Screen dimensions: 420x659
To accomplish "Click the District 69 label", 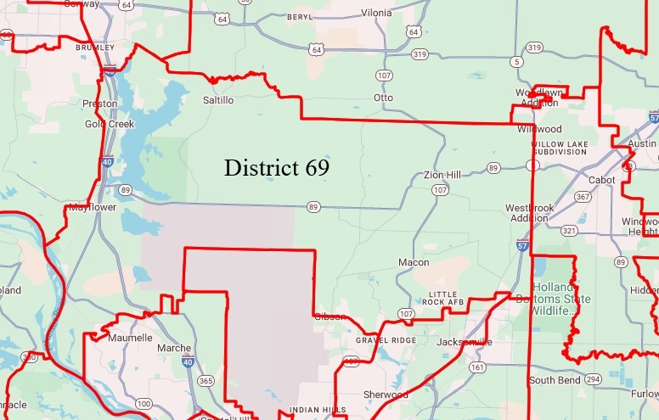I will point(276,168).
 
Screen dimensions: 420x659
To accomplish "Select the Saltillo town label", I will point(218,100).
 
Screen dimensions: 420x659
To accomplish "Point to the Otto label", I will point(383,98).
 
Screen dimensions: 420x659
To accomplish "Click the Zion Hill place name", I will point(442,175).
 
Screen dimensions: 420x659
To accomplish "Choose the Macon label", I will point(414,263).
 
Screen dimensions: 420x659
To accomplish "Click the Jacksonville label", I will point(464,342).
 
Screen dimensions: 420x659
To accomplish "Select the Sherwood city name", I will point(386,395).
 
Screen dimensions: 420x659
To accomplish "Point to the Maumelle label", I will point(131,338).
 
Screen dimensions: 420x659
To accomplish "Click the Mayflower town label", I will point(92,207).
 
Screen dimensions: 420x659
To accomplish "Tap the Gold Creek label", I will point(110,124).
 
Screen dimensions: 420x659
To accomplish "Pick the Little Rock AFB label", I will point(448,298).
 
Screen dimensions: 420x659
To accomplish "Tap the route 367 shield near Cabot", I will point(583,197).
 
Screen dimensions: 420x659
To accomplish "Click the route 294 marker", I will point(592,379).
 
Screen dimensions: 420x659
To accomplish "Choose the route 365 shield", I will point(205,382).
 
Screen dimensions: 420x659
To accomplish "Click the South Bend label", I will point(553,379).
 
